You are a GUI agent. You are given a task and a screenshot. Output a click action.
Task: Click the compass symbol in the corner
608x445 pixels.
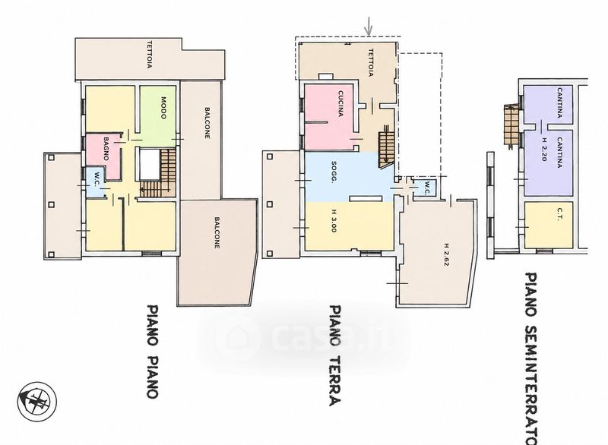pos(37,401)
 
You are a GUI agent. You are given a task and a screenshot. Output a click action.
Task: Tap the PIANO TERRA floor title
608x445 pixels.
pos(335,355)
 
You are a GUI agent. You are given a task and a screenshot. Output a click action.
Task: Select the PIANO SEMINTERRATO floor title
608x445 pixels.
pos(530,358)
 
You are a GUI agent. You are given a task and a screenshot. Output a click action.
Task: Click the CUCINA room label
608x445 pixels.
pos(340,103)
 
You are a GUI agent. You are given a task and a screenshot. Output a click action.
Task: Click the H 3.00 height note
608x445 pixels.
pos(334,221)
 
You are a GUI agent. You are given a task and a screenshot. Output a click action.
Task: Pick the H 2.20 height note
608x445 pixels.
pos(545,149)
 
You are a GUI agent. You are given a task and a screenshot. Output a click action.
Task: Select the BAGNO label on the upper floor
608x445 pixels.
pos(106,148)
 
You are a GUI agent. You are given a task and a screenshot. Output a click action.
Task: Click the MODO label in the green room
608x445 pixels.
pos(163,108)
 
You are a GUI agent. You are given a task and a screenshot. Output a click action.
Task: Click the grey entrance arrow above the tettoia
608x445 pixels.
pos(369,27)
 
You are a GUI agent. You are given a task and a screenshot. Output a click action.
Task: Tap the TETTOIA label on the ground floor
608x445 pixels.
pos(370,63)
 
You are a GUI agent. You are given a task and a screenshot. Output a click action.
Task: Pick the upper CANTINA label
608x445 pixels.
pos(559,103)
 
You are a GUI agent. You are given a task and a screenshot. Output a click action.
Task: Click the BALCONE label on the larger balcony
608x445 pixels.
pos(217,232)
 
